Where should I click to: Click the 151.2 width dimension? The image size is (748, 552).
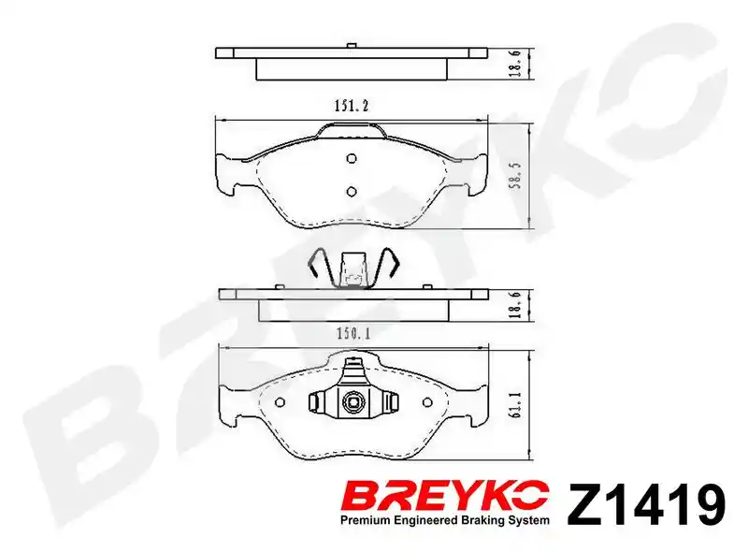(x=352, y=106)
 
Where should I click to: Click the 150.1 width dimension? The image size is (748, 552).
(x=353, y=333)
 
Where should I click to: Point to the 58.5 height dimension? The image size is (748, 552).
(x=516, y=176)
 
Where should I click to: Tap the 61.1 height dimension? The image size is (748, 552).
(x=517, y=405)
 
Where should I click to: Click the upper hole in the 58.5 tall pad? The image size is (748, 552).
(x=352, y=158)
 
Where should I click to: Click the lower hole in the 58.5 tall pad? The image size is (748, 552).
(x=352, y=192)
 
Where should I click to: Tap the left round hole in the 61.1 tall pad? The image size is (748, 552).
(x=280, y=402)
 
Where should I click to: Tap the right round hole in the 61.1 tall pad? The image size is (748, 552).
(x=427, y=402)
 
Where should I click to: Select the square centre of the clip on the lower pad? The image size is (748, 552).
(x=353, y=402)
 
